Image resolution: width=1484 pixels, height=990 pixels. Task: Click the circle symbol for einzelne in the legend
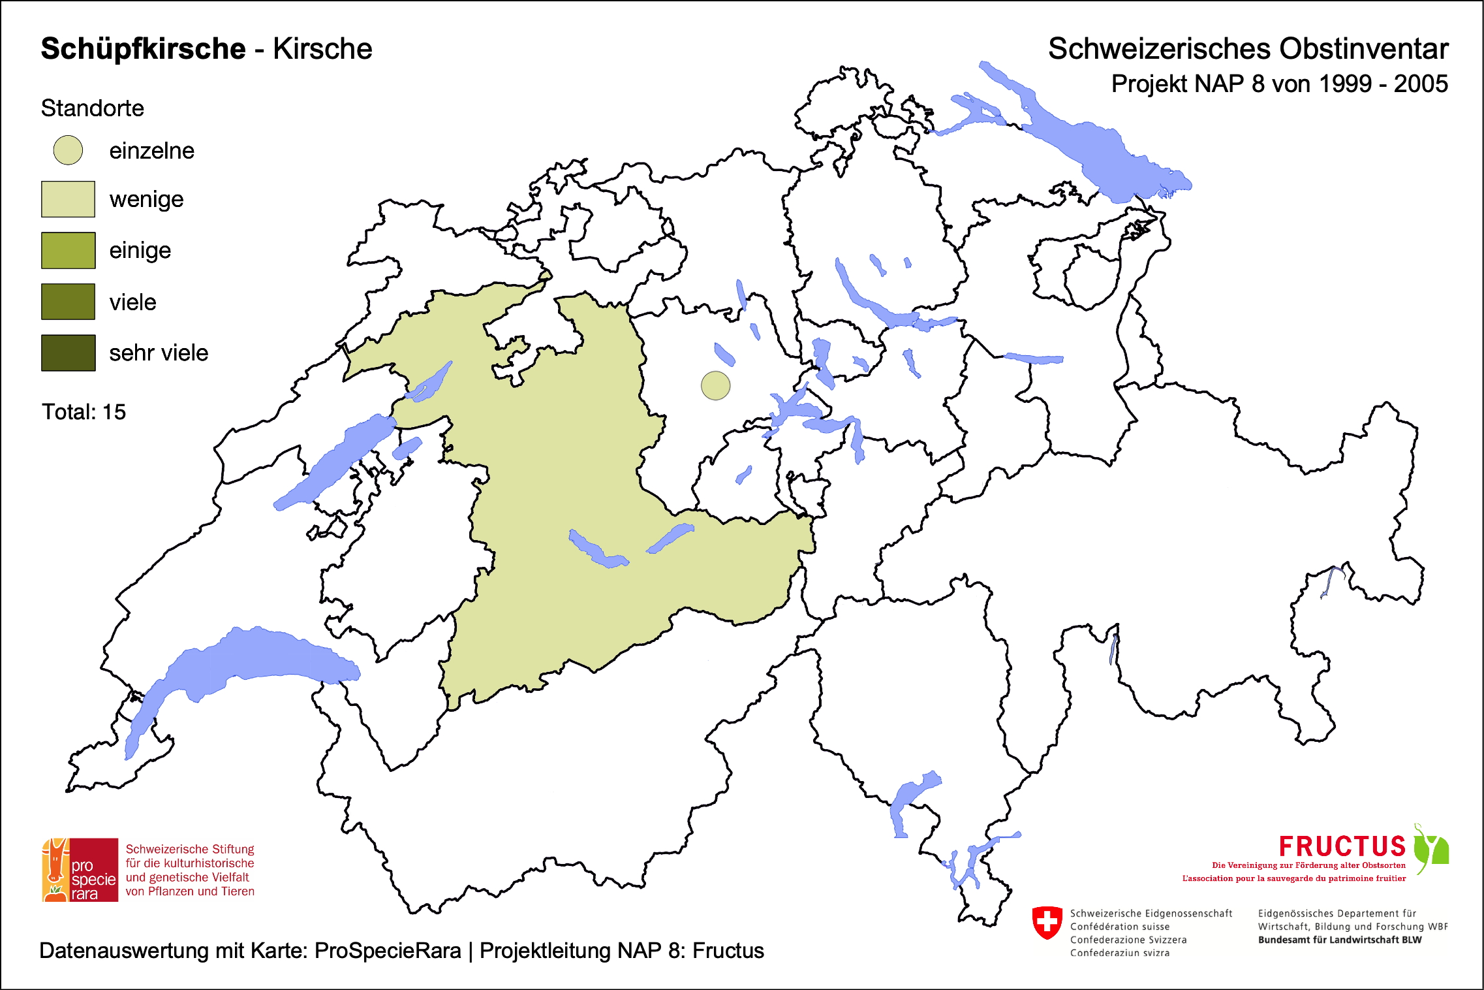(x=68, y=150)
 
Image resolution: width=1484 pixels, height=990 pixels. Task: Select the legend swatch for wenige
(x=68, y=199)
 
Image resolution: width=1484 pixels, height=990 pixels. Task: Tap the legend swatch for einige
(x=68, y=250)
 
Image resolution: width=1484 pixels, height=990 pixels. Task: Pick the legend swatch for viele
(x=68, y=302)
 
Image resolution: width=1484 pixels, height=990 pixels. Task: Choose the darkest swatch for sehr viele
(x=68, y=353)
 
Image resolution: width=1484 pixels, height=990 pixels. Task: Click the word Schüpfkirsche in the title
(x=143, y=49)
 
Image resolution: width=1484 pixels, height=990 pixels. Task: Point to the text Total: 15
(x=84, y=412)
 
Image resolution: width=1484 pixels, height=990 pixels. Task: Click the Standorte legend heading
(x=92, y=108)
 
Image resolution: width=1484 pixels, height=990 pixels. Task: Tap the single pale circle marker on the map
(x=715, y=386)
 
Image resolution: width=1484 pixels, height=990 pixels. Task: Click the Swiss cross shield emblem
(x=1047, y=923)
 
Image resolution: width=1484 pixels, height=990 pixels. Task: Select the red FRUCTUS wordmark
(x=1342, y=846)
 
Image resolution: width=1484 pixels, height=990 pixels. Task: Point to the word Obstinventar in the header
(x=1363, y=49)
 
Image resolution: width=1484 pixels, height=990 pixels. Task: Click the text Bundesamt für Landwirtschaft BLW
(x=1339, y=940)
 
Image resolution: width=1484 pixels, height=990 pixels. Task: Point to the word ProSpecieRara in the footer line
(x=388, y=951)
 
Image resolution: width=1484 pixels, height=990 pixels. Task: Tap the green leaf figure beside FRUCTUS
(x=1430, y=848)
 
